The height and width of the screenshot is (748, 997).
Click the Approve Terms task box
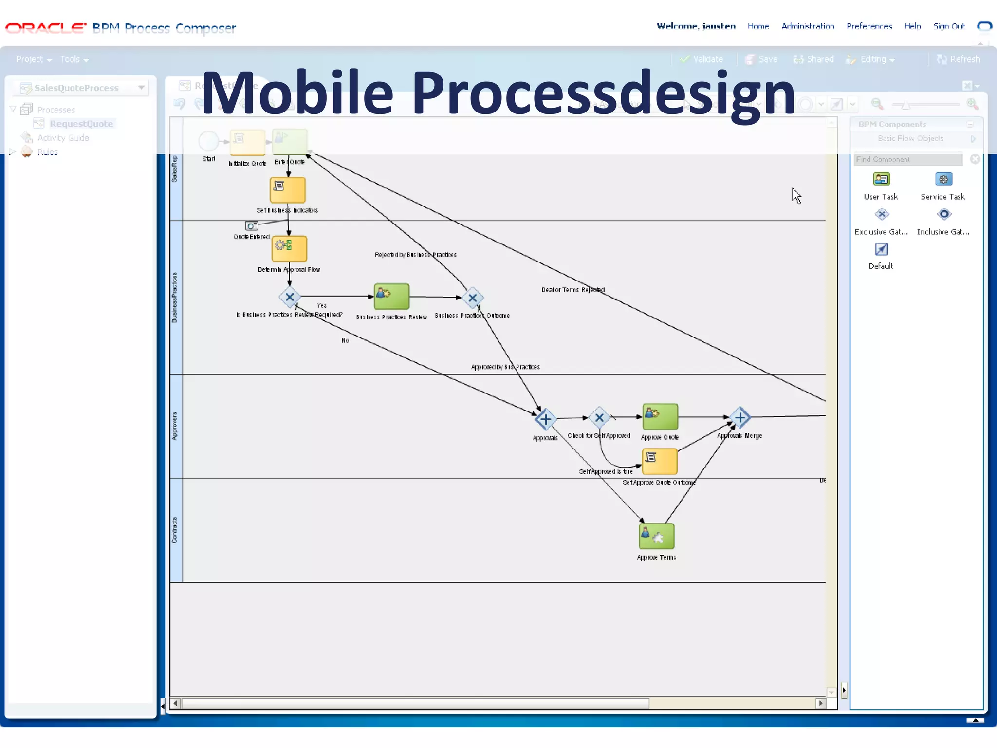(656, 536)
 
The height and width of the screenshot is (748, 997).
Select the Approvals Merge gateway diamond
(740, 417)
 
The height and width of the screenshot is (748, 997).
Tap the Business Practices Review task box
(391, 297)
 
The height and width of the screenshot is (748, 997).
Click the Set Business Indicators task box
(288, 190)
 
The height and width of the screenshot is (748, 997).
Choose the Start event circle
(209, 141)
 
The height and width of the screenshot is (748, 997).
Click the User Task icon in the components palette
(881, 179)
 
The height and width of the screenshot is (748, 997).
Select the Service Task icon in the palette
(943, 179)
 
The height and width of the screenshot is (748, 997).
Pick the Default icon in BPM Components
(881, 250)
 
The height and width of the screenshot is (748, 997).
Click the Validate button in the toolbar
(702, 59)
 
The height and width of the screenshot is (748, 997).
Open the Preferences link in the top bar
(869, 26)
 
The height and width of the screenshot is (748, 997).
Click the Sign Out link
(949, 26)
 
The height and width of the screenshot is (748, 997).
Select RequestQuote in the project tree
(81, 124)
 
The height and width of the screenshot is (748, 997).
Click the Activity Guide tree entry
(63, 138)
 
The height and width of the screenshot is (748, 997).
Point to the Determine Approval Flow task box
(289, 248)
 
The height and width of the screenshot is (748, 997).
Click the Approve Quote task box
(660, 416)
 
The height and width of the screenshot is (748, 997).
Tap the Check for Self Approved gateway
(599, 417)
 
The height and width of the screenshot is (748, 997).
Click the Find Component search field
(907, 159)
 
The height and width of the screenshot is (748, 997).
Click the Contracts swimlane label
(175, 530)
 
